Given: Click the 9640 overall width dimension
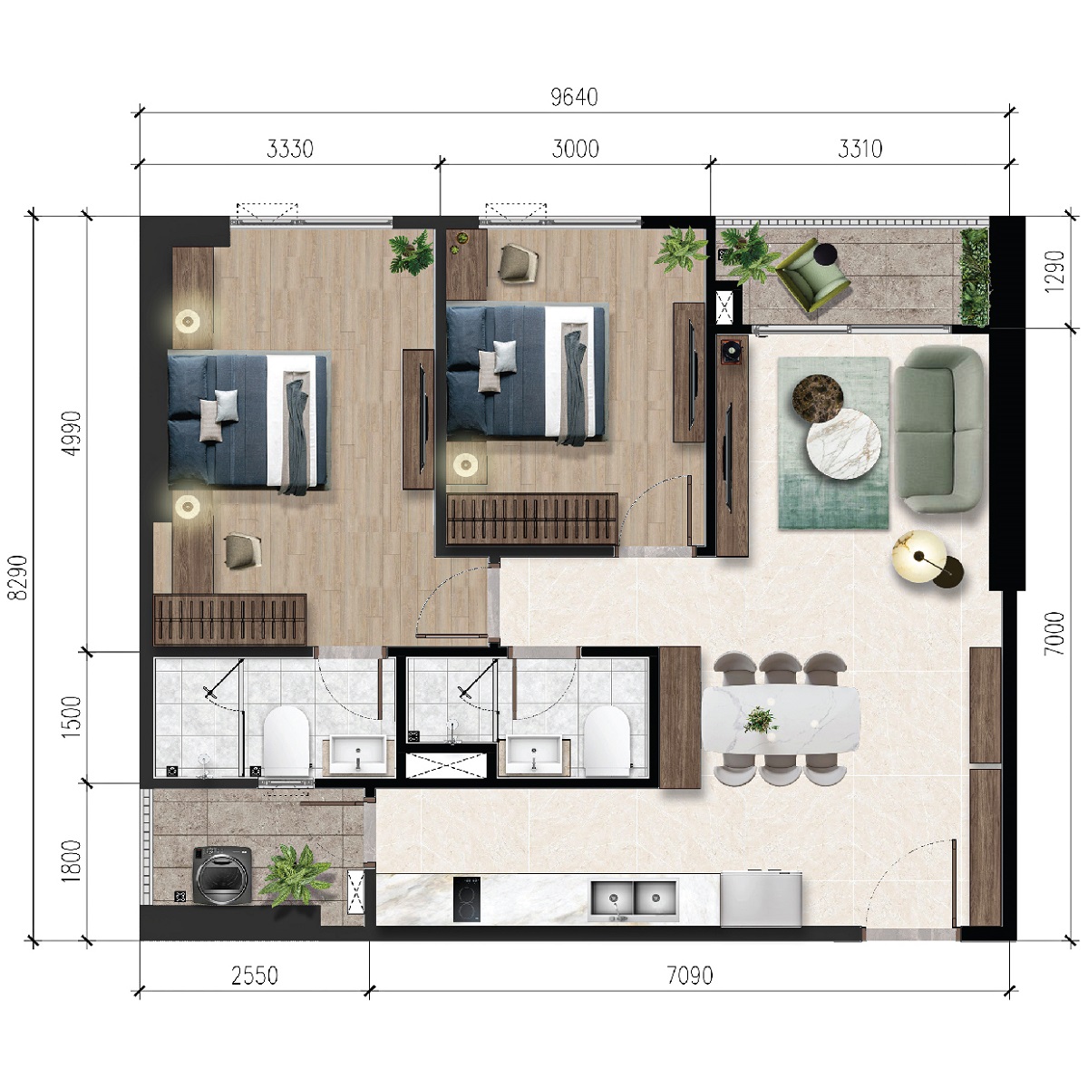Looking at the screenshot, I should coord(575,97).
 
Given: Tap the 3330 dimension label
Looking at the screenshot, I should coord(290,148).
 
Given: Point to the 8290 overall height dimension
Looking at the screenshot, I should coord(19,578).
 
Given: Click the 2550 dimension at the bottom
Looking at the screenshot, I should coord(255,976).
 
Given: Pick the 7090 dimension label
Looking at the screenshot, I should coord(690,976).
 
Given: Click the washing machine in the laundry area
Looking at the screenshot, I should coord(217,876).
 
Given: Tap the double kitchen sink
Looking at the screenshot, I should coord(634,898).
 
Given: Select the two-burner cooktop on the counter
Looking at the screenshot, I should coord(467,899).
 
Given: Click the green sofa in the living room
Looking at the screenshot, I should coord(938,429).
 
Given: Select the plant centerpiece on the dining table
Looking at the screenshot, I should coord(760,721).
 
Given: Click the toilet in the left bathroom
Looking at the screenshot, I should coord(287,741).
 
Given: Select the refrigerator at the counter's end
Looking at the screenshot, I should coord(762,899).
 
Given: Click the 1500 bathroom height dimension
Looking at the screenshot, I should coord(73,716).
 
